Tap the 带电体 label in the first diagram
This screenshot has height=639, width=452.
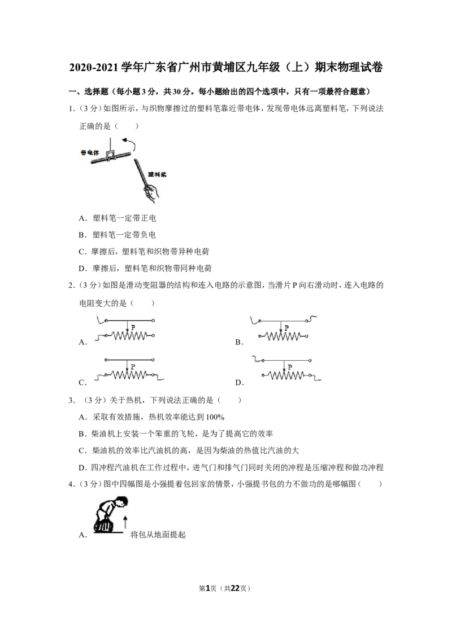[x=90, y=153]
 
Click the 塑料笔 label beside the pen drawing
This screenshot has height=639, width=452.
[x=157, y=174]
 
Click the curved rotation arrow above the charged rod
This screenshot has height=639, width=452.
[x=131, y=143]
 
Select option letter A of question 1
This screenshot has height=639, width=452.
[x=82, y=218]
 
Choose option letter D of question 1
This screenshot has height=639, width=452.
[x=82, y=269]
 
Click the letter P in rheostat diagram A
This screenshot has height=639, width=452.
[x=133, y=327]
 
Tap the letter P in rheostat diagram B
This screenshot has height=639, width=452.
[x=286, y=327]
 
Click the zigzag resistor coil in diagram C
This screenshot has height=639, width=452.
[x=129, y=375]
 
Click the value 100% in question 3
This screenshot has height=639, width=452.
[x=215, y=417]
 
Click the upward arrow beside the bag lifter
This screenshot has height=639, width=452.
[x=125, y=523]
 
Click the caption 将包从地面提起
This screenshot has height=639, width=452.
[x=158, y=535]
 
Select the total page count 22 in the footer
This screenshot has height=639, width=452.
[x=235, y=588]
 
